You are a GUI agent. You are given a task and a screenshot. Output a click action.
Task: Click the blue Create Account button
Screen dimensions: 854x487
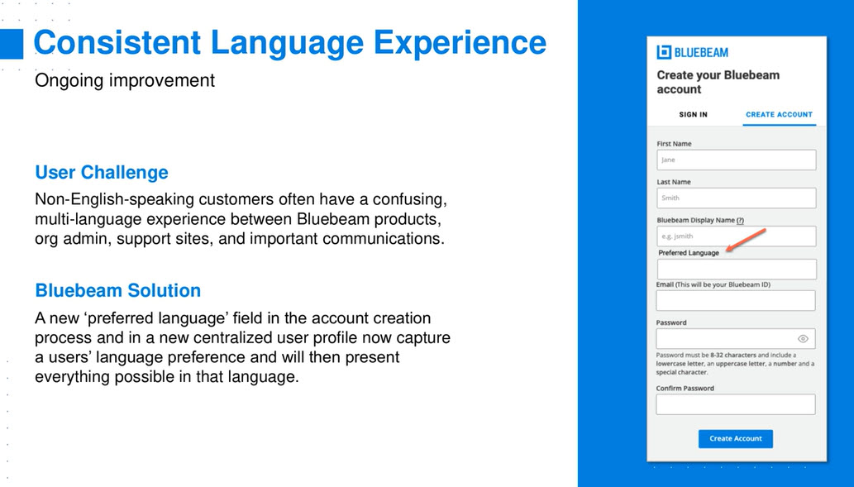[x=735, y=438]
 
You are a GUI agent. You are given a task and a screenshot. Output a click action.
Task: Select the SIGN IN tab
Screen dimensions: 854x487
[x=693, y=114]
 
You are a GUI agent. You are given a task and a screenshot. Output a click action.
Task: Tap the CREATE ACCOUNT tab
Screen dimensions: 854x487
[x=779, y=114]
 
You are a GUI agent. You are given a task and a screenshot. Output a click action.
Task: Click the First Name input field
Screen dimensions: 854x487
[x=736, y=160]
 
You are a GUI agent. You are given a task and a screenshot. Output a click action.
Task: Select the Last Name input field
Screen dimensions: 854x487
[x=736, y=198]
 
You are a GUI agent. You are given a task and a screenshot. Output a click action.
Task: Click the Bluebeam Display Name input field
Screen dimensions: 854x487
[x=736, y=236]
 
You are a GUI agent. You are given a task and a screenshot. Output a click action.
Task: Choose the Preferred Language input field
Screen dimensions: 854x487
[x=737, y=269]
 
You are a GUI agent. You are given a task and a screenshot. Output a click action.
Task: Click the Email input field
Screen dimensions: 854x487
[x=735, y=301]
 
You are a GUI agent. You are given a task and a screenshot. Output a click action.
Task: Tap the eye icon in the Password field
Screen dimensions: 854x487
[x=803, y=339]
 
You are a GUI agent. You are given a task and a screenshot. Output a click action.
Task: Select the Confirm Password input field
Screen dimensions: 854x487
[x=735, y=404]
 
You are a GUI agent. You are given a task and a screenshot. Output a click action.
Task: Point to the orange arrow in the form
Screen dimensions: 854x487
[x=747, y=241]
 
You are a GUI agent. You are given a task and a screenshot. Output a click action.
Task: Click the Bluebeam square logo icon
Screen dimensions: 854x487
[x=664, y=52]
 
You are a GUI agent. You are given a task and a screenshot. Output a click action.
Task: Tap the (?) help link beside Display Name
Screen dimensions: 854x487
[x=740, y=220]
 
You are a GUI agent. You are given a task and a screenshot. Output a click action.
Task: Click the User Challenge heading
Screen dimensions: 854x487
[x=102, y=172]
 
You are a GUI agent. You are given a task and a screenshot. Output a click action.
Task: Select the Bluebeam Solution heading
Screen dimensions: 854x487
[x=118, y=290]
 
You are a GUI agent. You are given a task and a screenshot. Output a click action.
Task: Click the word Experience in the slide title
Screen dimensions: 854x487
[x=460, y=42]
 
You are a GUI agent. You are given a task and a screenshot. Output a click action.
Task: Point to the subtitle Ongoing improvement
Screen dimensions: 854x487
[x=125, y=81]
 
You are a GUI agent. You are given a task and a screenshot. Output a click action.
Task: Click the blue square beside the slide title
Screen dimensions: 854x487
[x=12, y=44]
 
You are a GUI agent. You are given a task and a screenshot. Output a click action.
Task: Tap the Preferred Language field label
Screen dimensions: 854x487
[x=689, y=253]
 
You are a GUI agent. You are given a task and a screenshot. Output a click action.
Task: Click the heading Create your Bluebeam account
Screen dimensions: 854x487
[x=718, y=82]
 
